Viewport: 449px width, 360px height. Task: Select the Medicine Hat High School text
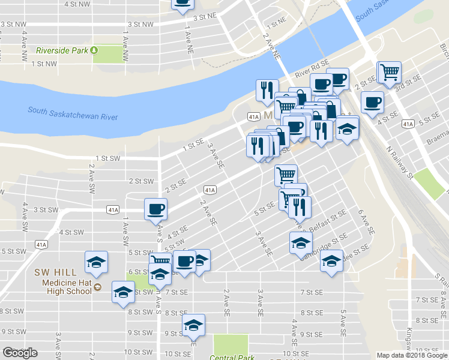coord(66,288)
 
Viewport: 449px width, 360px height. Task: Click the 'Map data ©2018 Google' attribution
coord(411,355)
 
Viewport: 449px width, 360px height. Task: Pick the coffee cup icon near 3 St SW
coord(155,208)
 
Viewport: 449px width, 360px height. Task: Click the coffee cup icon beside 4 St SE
coord(372,101)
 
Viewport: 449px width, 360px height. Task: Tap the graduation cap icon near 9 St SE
coord(193,325)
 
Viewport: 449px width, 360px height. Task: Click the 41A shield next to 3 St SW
coord(113,210)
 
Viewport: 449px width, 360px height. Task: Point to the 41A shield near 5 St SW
coord(41,244)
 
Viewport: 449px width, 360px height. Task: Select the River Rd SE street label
coord(312,66)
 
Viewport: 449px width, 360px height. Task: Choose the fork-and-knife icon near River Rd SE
coord(267,90)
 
